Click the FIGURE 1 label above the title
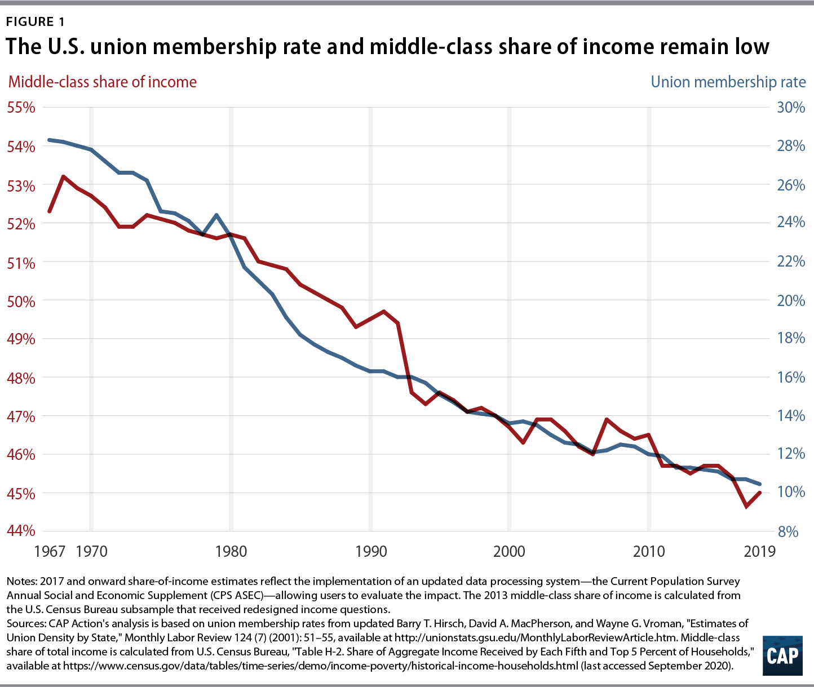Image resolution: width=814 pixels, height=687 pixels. (36, 22)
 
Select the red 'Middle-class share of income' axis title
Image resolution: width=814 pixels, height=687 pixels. (102, 82)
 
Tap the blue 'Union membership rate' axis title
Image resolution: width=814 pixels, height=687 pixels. (728, 82)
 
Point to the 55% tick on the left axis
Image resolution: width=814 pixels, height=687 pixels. (20, 107)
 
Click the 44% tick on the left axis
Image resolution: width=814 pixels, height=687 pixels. (20, 531)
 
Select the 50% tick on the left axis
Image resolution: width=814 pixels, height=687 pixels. (20, 300)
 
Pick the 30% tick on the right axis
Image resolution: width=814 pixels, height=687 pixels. (790, 107)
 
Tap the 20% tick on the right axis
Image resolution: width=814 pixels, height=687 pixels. (790, 300)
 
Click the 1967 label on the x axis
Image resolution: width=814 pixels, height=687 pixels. (50, 551)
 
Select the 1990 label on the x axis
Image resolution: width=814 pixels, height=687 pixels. (370, 551)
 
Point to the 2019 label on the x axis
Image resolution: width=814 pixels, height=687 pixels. (759, 551)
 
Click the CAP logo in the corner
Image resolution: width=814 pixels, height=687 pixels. (782, 656)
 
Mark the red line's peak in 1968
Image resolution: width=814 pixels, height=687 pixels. (63, 176)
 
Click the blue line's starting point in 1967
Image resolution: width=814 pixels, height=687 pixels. (50, 140)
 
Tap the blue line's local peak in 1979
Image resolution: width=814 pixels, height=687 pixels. (217, 215)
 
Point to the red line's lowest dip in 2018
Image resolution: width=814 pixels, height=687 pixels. (746, 507)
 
